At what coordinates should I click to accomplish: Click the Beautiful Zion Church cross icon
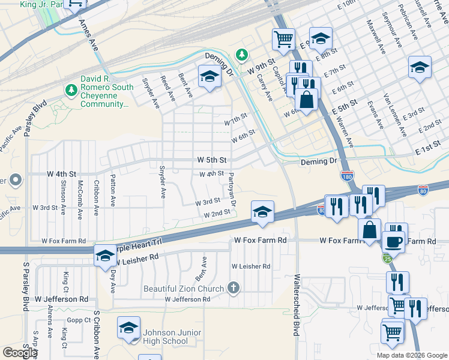point(234,288)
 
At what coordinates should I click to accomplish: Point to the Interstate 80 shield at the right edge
point(424,189)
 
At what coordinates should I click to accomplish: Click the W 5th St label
point(212,160)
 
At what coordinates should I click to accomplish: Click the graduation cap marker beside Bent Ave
point(209,77)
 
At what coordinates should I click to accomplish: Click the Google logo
point(20,353)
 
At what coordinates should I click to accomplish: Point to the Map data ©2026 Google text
point(412,355)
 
